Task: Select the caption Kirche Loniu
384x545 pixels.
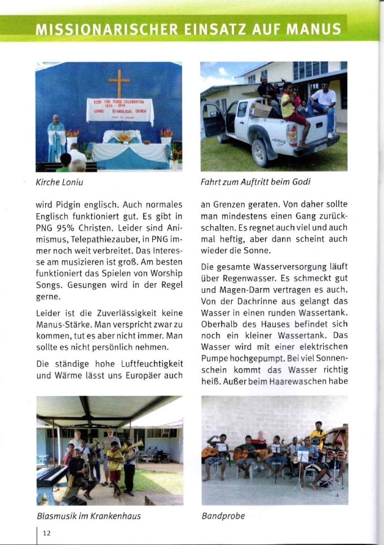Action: (x=60, y=182)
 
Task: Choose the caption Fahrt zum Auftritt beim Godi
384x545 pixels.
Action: (x=256, y=182)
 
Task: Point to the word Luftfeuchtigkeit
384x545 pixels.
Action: (x=152, y=364)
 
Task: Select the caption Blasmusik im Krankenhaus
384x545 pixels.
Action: (x=89, y=516)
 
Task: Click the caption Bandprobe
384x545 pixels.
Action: (x=223, y=516)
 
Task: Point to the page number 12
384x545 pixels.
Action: (x=46, y=533)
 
